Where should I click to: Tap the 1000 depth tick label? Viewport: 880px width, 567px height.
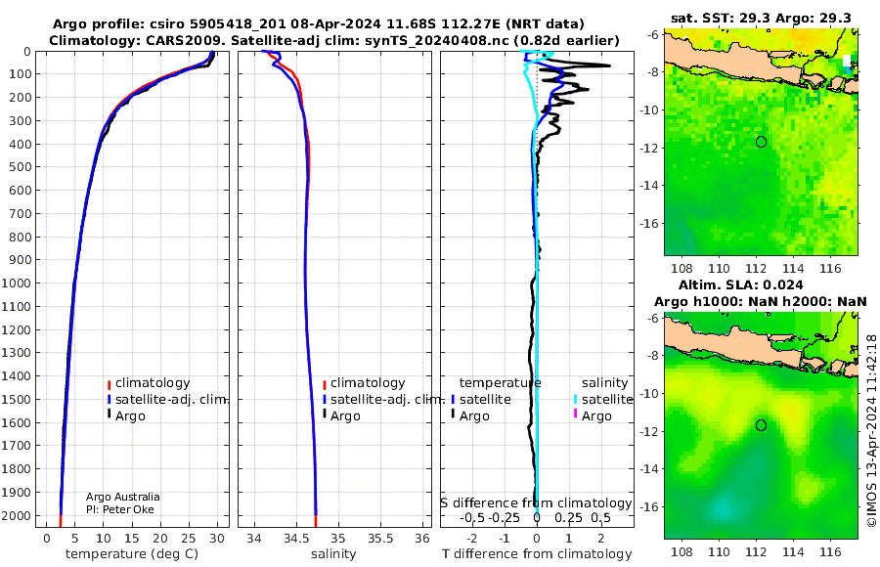pos(16,283)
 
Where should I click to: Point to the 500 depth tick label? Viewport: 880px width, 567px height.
pos(20,167)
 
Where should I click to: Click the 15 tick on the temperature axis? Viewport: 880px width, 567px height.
pos(131,539)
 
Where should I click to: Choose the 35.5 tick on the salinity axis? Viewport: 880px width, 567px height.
pos(380,539)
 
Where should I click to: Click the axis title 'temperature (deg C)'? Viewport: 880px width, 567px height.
pos(132,554)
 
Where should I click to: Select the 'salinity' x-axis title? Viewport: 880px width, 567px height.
pos(333,554)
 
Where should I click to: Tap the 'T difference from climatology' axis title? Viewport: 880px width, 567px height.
pos(537,554)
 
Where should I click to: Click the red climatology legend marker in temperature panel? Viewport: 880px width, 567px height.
pos(109,385)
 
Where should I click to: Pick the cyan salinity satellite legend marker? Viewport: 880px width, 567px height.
pos(575,400)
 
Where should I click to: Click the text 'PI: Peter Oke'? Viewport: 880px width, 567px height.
pos(120,509)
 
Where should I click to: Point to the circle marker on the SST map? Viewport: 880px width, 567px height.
pos(761,142)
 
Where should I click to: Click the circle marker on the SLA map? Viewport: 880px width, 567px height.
pos(761,425)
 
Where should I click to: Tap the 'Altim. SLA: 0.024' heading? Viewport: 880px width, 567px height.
pos(740,284)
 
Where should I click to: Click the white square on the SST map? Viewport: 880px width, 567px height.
pos(847,61)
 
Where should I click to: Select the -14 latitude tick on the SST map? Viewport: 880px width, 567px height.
pos(649,186)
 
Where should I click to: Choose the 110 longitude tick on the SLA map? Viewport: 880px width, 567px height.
pos(719,551)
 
